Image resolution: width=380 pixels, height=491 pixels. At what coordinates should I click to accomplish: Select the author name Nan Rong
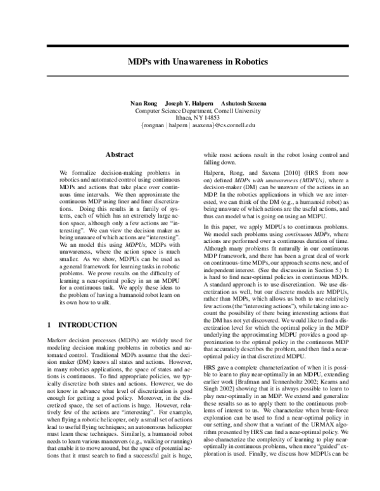[142, 103]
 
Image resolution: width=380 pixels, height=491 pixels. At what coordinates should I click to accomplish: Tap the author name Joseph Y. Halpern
[188, 103]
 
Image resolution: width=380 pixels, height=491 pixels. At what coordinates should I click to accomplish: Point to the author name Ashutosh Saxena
[244, 103]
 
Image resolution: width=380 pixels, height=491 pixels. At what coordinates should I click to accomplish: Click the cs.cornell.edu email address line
[189, 125]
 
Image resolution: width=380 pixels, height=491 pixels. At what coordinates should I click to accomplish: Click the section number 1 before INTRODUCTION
[50, 325]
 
